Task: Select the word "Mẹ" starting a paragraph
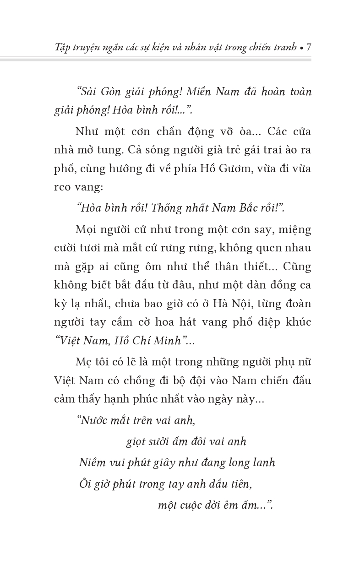pos(83,362)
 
